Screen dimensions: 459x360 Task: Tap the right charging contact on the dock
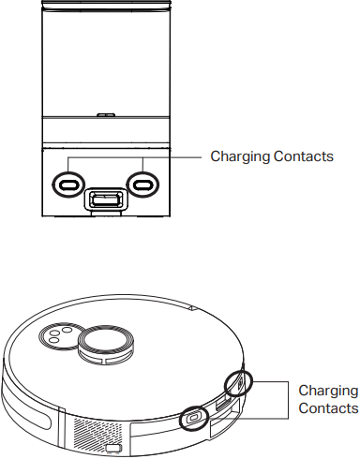coord(142,183)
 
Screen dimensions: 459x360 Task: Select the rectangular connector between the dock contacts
coord(105,200)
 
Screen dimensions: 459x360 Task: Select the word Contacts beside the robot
coord(327,408)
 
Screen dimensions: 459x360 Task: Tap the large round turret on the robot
coord(104,341)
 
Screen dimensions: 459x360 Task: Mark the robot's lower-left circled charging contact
coord(194,417)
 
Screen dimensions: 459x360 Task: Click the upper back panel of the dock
coord(105,56)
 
